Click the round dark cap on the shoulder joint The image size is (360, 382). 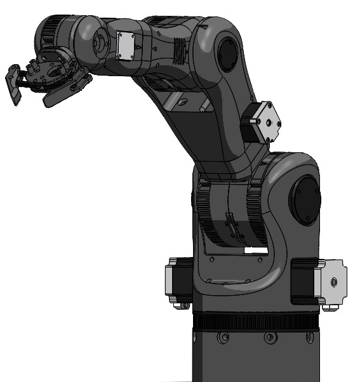click(304, 198)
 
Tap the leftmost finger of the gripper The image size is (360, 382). click(12, 82)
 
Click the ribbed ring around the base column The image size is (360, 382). click(254, 321)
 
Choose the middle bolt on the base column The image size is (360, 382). click(254, 338)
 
